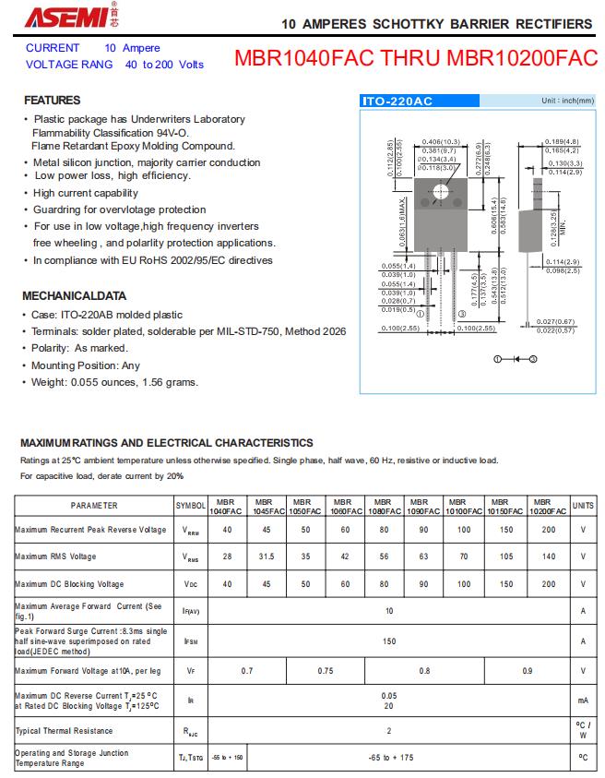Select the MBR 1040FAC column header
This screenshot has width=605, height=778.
coord(226,506)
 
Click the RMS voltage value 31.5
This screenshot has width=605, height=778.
coord(266,557)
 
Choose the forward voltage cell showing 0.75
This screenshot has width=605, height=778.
coord(325,671)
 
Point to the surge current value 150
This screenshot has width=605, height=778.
coord(389,640)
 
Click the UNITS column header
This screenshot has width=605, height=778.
coord(583,506)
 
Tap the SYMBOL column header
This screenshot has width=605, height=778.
coord(191,506)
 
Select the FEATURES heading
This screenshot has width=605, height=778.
coord(52,100)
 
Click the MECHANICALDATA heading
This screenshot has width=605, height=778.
coord(74,296)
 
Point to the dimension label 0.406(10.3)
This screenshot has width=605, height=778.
coord(441,141)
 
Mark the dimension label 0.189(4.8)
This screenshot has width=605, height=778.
coord(561,141)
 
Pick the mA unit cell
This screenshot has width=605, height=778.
coord(583,700)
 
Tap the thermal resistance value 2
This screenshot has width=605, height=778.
coord(389,730)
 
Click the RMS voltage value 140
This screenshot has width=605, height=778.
coord(549,557)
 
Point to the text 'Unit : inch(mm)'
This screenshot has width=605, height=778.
coord(567,100)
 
